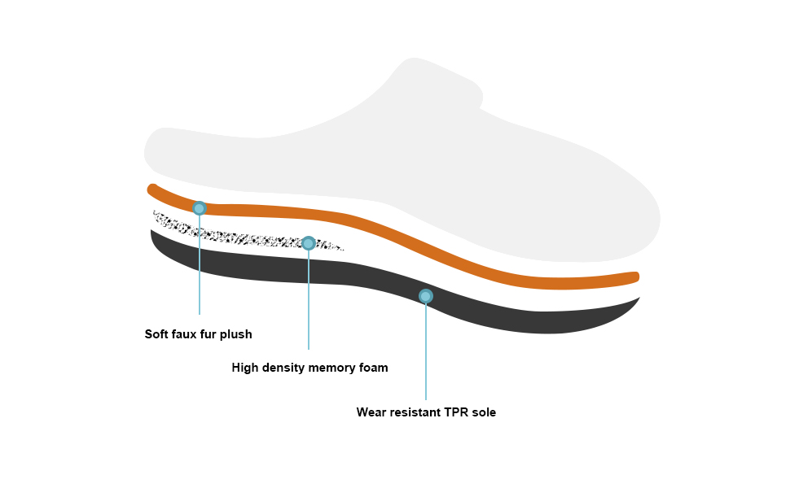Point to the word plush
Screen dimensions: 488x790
[x=239, y=334]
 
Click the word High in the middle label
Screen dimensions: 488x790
[x=245, y=368]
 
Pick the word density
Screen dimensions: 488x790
[x=284, y=368]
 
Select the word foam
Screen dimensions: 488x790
[x=374, y=368]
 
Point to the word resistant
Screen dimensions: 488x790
[x=415, y=412]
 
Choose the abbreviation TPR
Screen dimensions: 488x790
[x=457, y=412]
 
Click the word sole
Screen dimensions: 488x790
[x=485, y=412]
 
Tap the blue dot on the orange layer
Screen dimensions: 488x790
[x=199, y=208]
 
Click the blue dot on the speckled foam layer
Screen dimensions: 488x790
[x=309, y=243]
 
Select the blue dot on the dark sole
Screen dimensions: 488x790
[x=425, y=296]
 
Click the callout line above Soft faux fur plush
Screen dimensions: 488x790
[x=200, y=268]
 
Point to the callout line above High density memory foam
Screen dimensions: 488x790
[x=309, y=301]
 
